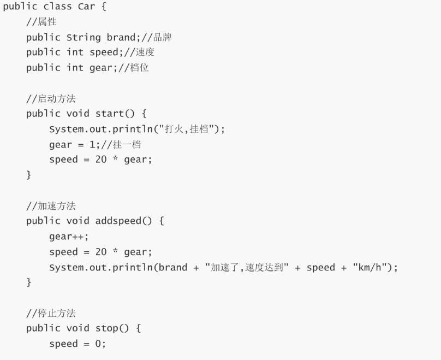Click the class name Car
pos(86,7)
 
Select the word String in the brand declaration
pos(84,38)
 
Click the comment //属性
pos(41,22)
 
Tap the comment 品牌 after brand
pos(162,37)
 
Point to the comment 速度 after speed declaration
pos(145,52)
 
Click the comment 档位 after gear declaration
pos(139,68)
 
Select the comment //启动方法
pos(51,98)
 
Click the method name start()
pos(115,114)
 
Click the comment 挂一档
pos(127,145)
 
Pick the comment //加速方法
pos(51,206)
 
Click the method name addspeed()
pos(123,221)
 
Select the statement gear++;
pos(69,237)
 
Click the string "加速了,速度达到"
pos(247,267)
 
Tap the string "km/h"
pos(370,267)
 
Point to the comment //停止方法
pos(51,313)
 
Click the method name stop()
pos(112,328)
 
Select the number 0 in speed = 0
pos(98,344)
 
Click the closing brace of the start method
pos(29,175)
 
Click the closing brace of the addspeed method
pos(29,282)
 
